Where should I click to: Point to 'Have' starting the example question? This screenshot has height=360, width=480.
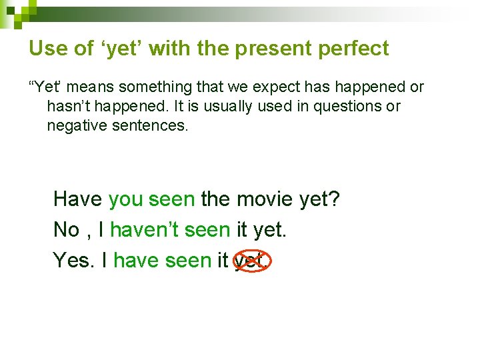[77, 199]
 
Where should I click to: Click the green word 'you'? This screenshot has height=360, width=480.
[125, 199]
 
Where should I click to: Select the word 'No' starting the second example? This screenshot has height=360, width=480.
[67, 230]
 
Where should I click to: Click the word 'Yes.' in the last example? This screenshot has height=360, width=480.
[75, 260]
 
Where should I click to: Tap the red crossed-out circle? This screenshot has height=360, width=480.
[251, 260]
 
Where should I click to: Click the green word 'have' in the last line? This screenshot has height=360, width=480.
[135, 260]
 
